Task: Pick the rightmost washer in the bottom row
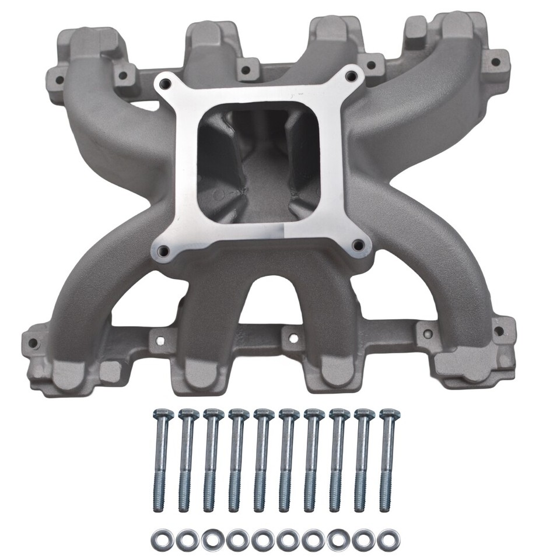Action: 385,540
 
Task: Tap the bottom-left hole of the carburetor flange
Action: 164,251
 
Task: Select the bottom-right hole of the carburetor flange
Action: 358,246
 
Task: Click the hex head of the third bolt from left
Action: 213,415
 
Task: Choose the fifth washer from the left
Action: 262,540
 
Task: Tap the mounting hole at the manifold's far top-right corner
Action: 495,61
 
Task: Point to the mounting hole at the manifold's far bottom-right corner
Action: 499,331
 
